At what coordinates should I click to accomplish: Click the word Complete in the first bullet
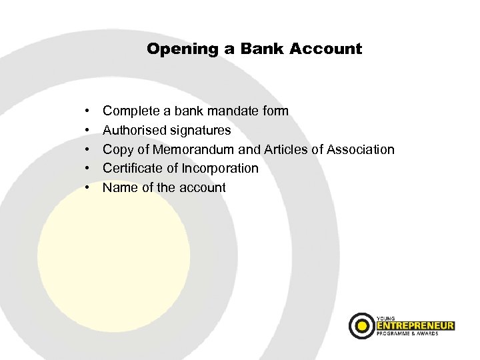(131, 111)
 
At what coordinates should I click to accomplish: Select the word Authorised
(134, 130)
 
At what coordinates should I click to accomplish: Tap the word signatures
(201, 130)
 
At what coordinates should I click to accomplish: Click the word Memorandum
(189, 149)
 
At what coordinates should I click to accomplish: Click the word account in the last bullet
(202, 187)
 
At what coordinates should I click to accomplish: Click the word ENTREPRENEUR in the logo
(414, 325)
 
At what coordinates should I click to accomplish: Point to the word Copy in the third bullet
(117, 150)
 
